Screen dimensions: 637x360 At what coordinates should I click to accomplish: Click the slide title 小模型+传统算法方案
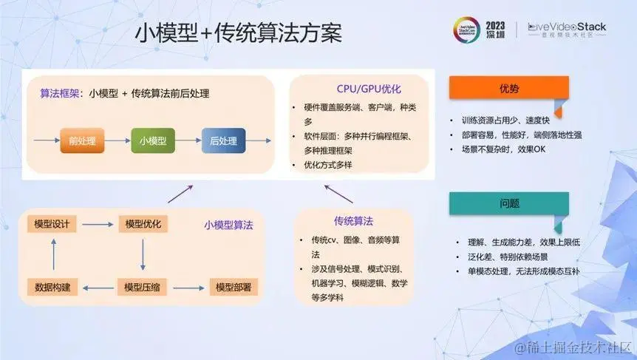coord(238,33)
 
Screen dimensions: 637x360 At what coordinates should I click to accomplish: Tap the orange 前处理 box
coord(82,139)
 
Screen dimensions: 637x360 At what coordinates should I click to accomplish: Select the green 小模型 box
coord(153,139)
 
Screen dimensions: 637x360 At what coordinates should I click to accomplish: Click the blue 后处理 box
coord(222,139)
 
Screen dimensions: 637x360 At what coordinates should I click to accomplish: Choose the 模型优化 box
coord(143,224)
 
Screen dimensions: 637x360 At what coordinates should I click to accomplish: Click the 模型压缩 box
coord(143,286)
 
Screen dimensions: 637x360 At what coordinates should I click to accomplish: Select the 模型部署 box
coord(234,286)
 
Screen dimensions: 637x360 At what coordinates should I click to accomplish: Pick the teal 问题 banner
coord(508,203)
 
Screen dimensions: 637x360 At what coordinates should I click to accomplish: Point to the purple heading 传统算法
coord(353,221)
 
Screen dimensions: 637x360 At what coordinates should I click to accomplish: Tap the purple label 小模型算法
coord(228,225)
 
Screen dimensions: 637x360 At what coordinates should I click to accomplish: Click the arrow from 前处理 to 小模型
coord(118,139)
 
